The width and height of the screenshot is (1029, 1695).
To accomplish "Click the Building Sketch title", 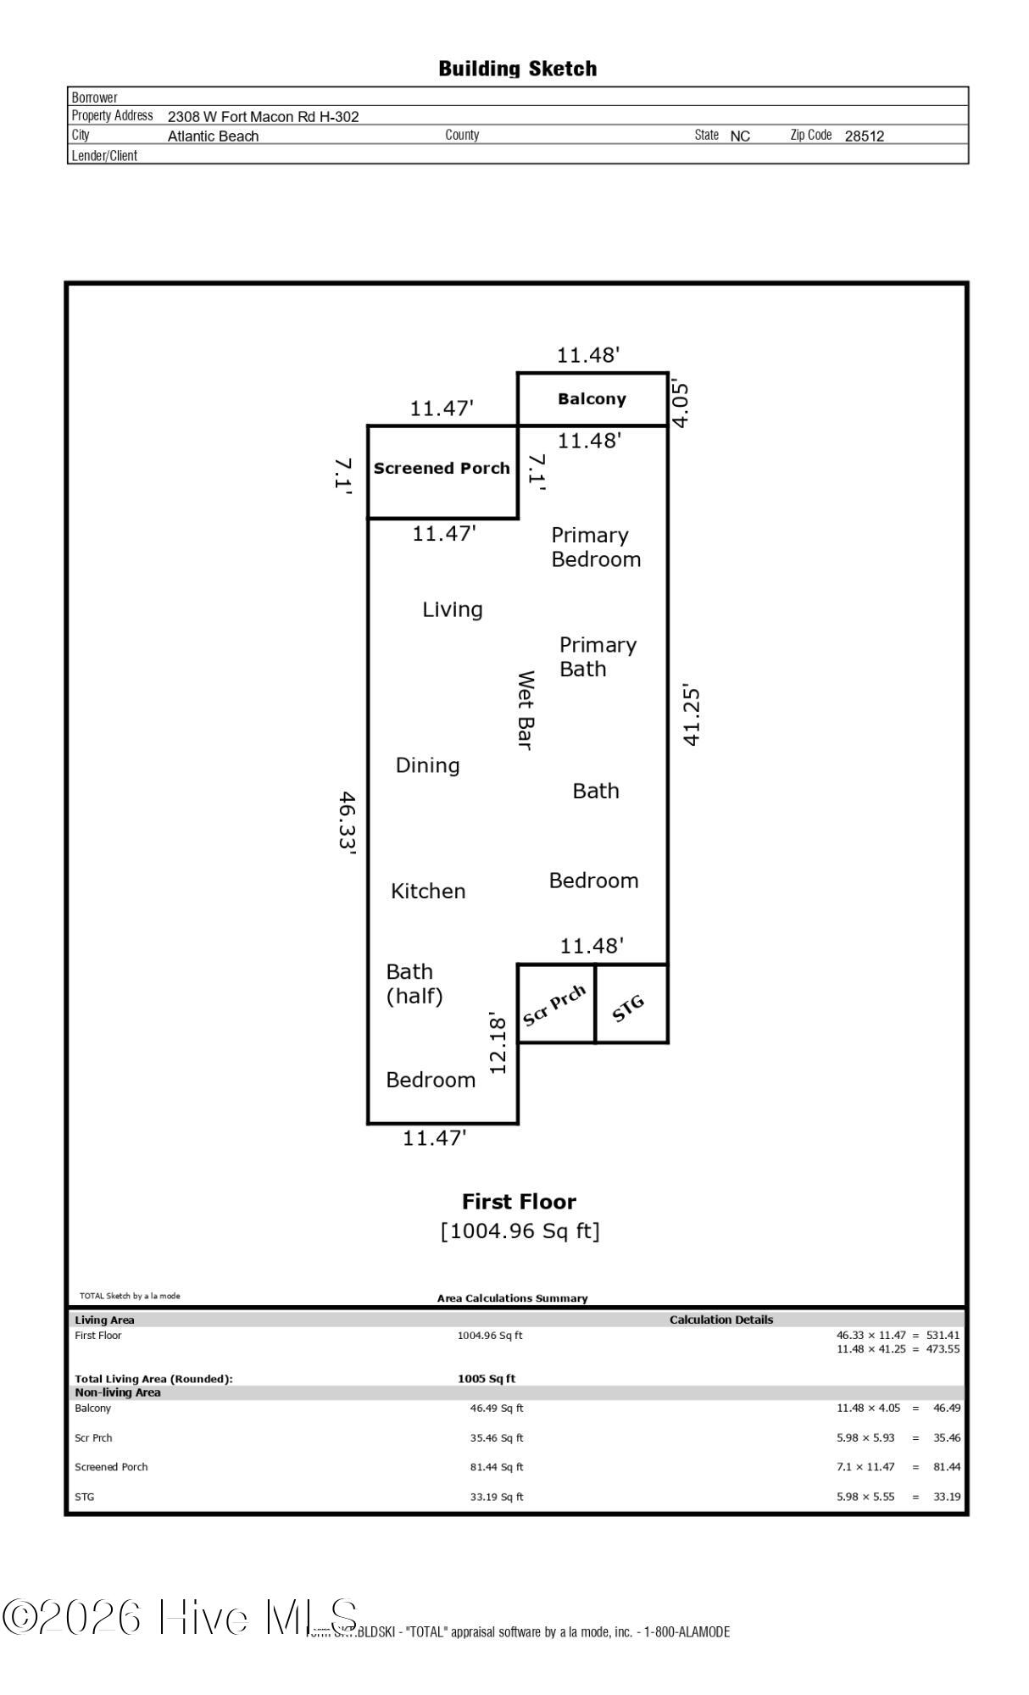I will [x=517, y=69].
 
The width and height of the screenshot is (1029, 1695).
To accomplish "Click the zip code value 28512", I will [x=864, y=136].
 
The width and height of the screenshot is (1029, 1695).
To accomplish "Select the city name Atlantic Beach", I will [x=213, y=136].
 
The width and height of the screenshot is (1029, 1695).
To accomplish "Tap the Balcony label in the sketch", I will [x=592, y=399].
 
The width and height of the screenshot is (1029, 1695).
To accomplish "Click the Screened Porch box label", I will [x=442, y=469].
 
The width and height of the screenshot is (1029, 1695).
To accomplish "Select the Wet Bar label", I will [x=526, y=710].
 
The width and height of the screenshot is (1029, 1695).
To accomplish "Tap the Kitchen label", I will [x=428, y=891].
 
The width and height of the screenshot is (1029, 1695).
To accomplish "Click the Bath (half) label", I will [x=414, y=983].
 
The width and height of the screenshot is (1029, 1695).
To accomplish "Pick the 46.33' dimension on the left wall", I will [x=347, y=824].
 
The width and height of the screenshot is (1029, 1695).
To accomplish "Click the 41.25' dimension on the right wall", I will [x=692, y=716].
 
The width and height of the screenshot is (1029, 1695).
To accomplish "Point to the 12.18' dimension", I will [x=498, y=1047].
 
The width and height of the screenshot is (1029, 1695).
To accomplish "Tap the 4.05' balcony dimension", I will [x=681, y=404].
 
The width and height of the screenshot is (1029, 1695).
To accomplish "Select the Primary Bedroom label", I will [x=595, y=547].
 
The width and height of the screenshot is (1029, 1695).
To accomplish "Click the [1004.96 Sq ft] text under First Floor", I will [x=520, y=1231].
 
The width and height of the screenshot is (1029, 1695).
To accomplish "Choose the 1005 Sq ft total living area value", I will [x=486, y=1379].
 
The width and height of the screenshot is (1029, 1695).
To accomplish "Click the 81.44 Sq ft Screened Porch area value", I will [x=496, y=1467].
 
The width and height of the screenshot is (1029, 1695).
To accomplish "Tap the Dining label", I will [x=427, y=765].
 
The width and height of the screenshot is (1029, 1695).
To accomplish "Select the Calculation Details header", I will [x=720, y=1320].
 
